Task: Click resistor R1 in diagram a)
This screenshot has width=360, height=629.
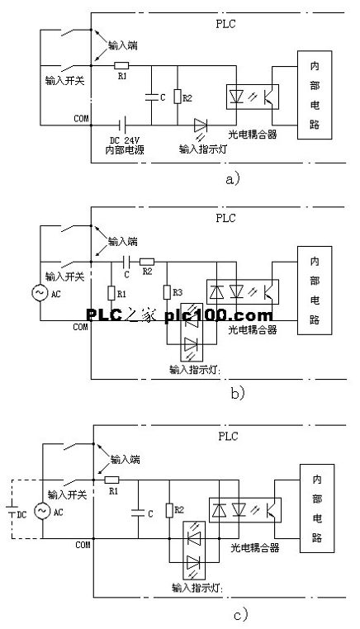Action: [x=121, y=66]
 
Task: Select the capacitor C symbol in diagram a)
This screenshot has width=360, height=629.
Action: [x=152, y=97]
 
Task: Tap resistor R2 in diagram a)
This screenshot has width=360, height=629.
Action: [x=178, y=97]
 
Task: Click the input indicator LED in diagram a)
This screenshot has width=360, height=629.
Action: [x=201, y=125]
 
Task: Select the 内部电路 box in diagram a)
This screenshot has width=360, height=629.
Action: [x=315, y=95]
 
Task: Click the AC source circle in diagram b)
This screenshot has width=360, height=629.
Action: [x=40, y=292]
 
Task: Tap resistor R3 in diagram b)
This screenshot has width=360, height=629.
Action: [x=167, y=292]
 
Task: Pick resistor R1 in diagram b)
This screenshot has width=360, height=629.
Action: [x=111, y=293]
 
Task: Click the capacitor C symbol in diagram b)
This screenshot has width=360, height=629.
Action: [x=127, y=262]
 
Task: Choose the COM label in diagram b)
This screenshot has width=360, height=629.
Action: [x=80, y=327]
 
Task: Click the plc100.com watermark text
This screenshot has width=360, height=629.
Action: [x=219, y=315]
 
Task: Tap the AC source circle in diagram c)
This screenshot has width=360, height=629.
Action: [x=43, y=511]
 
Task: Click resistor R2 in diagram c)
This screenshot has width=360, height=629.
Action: [x=169, y=511]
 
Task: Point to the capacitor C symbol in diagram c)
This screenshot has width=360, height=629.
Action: [x=138, y=512]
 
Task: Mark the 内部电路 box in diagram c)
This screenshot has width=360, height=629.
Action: [x=317, y=508]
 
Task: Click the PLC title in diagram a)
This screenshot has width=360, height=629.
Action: [x=225, y=24]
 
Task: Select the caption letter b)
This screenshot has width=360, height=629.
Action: [x=238, y=394]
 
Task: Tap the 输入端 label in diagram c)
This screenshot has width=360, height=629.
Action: [x=126, y=460]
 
